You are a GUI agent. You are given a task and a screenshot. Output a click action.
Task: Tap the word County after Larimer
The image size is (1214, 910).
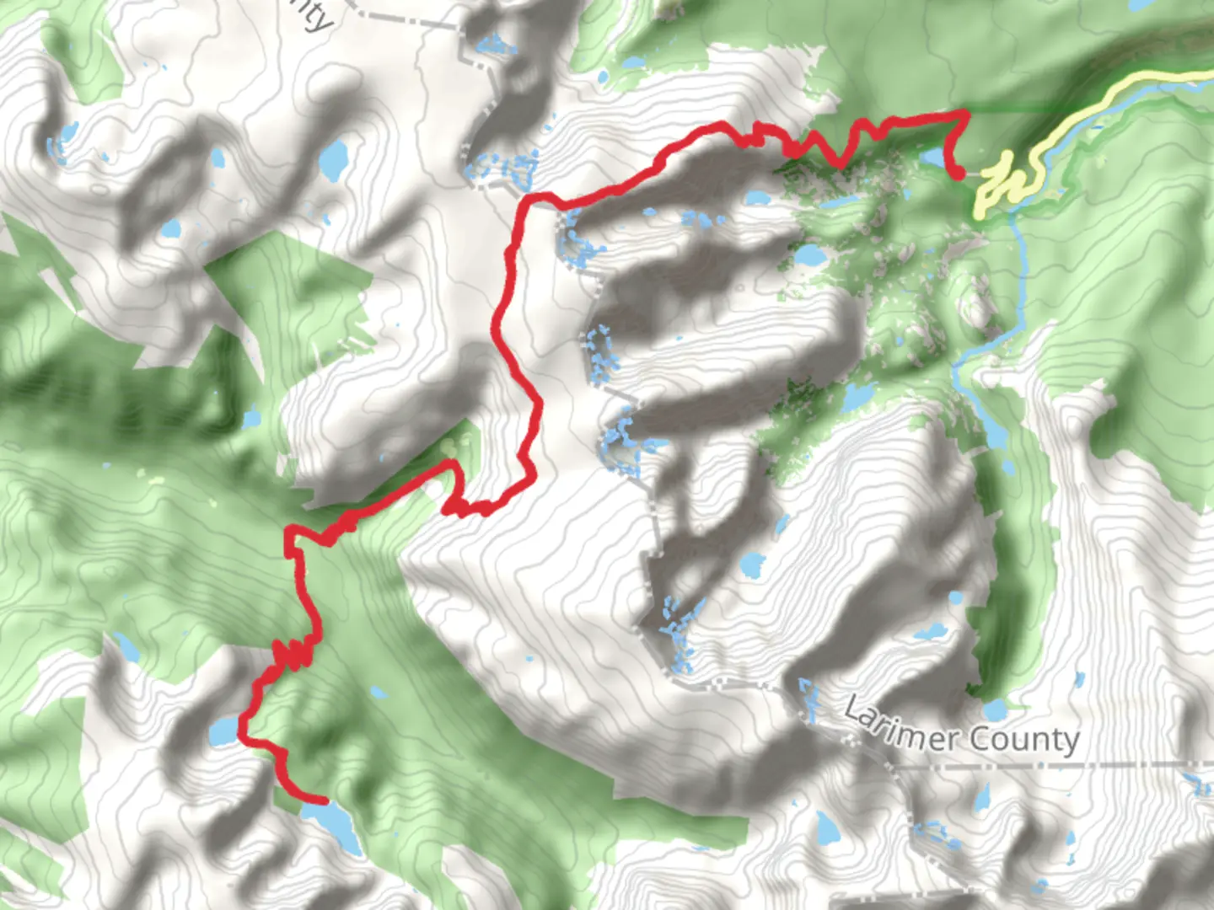pyautogui.click(x=1023, y=740)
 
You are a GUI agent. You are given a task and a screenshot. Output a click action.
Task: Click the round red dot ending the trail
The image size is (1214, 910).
pyautogui.click(x=959, y=174)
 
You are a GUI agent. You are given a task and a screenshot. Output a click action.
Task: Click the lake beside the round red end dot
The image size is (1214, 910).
pyautogui.click(x=932, y=158)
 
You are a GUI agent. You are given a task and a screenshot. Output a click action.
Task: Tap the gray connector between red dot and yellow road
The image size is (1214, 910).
pyautogui.click(x=973, y=174)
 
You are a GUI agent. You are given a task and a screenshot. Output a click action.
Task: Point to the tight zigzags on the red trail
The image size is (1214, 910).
pyautogui.click(x=291, y=654)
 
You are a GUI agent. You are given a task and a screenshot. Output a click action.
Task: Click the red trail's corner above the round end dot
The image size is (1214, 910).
pyautogui.click(x=962, y=113)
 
